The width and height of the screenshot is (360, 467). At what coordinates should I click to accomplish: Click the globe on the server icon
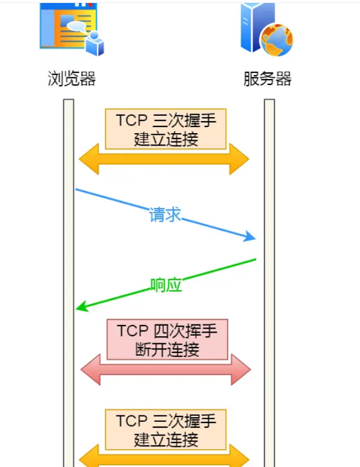[277, 39]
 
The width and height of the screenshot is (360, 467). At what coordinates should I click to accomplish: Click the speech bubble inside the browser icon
[77, 26]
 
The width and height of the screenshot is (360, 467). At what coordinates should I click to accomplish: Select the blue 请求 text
[165, 215]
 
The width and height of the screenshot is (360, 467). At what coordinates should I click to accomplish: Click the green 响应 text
[166, 285]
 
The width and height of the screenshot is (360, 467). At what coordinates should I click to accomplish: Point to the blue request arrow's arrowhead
[251, 238]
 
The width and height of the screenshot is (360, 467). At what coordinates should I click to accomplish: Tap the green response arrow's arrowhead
[81, 307]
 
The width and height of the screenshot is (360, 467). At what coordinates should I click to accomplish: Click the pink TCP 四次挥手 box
[166, 339]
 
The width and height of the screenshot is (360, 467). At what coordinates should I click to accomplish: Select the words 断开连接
[166, 349]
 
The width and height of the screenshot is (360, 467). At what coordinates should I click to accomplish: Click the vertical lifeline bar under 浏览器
[69, 267]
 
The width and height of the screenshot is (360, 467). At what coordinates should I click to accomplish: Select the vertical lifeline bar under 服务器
[269, 267]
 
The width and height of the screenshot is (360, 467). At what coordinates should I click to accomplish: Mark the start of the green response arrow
[255, 260]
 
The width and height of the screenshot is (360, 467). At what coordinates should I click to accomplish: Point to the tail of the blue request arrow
[77, 190]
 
